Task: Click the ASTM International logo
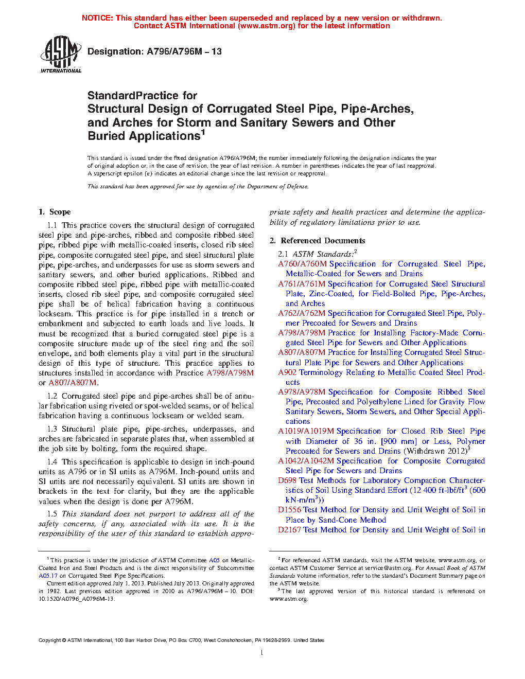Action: click(60, 54)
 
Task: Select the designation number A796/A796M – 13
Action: click(184, 51)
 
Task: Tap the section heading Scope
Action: click(60, 212)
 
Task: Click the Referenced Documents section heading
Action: click(323, 241)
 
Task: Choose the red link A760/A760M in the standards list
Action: click(302, 264)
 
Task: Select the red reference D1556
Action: click(289, 510)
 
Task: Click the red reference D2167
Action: click(289, 530)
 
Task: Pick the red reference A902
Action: click(287, 372)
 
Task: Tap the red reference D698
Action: click(287, 480)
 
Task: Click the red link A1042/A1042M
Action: click(306, 461)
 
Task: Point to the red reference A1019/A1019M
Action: click(306, 431)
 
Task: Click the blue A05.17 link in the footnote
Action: click(48, 576)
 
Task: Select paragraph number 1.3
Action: click(52, 429)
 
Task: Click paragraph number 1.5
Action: click(52, 514)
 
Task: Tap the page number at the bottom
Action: click(262, 653)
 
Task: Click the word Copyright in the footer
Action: click(49, 640)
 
